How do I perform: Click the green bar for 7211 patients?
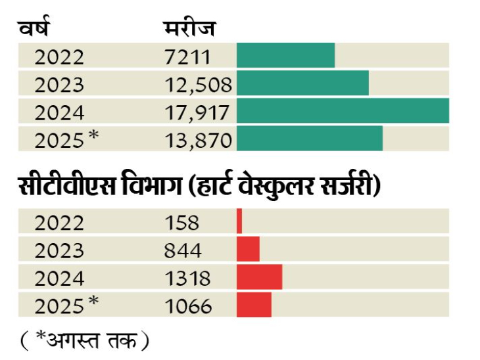pyautogui.click(x=285, y=56)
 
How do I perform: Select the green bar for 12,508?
pyautogui.click(x=302, y=83)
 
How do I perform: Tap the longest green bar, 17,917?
pyautogui.click(x=343, y=111)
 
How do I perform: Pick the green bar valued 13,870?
pyautogui.click(x=310, y=139)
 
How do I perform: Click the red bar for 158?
pyautogui.click(x=239, y=221)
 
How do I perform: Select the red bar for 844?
pyautogui.click(x=248, y=249)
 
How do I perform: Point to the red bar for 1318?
pyautogui.click(x=259, y=277)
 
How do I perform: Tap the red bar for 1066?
pyautogui.click(x=254, y=304)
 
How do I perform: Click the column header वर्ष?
pyautogui.click(x=34, y=29)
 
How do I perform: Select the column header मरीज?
pyautogui.click(x=190, y=29)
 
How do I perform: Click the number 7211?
pyautogui.click(x=188, y=56)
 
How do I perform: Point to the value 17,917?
pyautogui.click(x=197, y=112)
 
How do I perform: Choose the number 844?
pyautogui.click(x=184, y=250)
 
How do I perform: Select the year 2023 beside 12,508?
pyautogui.click(x=60, y=84)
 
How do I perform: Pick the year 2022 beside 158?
pyautogui.click(x=60, y=222)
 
